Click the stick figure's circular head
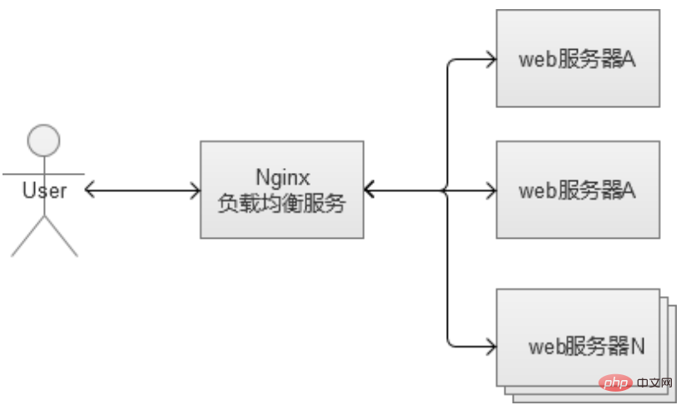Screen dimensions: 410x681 (x=43, y=140)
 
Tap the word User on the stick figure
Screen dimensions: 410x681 (x=44, y=190)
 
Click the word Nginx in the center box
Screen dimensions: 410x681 (x=281, y=176)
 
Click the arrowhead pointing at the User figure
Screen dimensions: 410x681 (x=91, y=190)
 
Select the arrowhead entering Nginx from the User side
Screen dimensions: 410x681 (x=195, y=190)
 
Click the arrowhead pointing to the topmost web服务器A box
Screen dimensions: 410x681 (x=490, y=59)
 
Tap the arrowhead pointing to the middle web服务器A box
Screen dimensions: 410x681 (x=490, y=190)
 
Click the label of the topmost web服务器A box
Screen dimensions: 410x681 (x=578, y=59)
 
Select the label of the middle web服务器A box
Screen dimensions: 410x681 (x=578, y=190)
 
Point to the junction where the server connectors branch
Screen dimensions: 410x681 (x=448, y=190)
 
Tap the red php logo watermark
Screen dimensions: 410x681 (x=614, y=383)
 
